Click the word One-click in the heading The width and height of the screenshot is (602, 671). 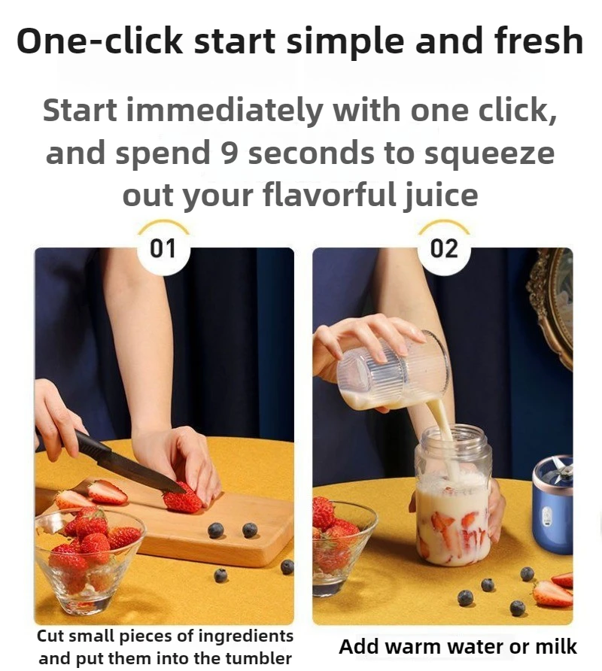pos(100,41)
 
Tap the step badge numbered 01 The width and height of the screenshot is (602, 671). pos(163,248)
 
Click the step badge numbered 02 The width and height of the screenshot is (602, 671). pos(443,248)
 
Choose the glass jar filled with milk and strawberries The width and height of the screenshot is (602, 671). pos(453,504)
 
